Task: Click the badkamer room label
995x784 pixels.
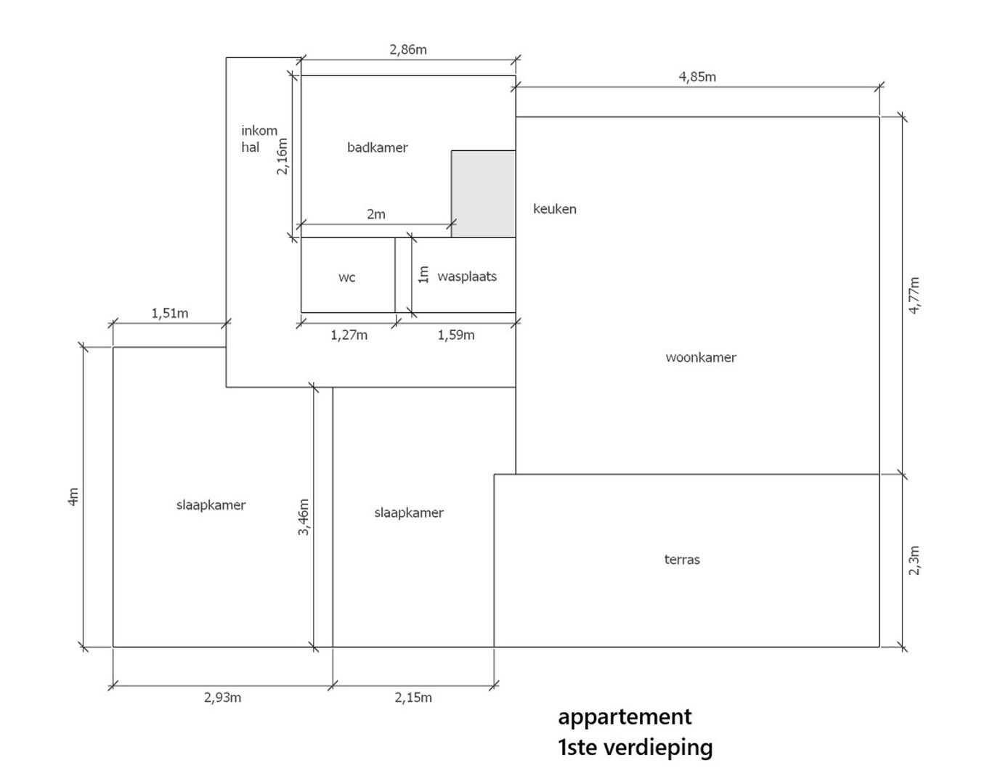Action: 377,147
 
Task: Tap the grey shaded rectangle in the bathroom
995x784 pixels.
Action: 483,194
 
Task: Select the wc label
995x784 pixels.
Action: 346,277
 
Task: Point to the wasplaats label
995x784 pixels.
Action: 467,277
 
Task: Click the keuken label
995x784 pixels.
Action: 555,209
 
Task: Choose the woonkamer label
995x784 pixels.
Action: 701,357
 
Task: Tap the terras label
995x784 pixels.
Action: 682,560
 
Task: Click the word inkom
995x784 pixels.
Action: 259,131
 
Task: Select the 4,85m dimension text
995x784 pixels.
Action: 697,77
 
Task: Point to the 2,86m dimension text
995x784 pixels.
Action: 408,49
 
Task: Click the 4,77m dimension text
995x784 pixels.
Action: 915,295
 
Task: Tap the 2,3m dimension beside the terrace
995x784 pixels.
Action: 915,560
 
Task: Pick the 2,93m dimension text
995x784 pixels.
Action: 222,698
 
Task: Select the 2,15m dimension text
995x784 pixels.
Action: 413,698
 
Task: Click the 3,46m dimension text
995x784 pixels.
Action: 304,518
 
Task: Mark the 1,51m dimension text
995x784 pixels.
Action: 170,314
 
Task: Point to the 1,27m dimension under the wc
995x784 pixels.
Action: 349,335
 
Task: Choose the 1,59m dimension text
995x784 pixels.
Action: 456,335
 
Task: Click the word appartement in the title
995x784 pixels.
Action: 625,718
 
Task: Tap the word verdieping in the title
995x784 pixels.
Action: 664,748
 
